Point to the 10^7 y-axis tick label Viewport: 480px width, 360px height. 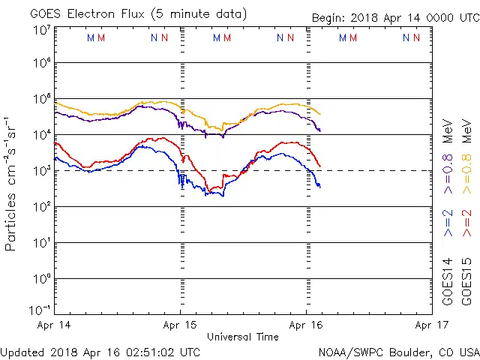pyautogui.click(x=41, y=31)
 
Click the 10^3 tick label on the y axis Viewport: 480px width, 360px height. pyautogui.click(x=41, y=170)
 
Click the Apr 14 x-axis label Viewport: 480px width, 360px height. pyautogui.click(x=53, y=325)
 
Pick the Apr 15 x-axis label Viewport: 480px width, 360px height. pyautogui.click(x=180, y=325)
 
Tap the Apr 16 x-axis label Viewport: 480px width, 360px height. pyautogui.click(x=306, y=325)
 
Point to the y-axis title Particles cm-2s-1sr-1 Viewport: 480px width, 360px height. pyautogui.click(x=11, y=184)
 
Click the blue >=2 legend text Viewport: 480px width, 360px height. pyautogui.click(x=448, y=223)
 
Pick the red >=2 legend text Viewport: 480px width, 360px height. pyautogui.click(x=467, y=223)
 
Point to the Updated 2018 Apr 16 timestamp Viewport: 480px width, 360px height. pyautogui.click(x=100, y=352)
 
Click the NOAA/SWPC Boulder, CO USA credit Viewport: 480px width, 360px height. pyautogui.click(x=398, y=352)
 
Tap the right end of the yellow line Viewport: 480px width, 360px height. pyautogui.click(x=320, y=114)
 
